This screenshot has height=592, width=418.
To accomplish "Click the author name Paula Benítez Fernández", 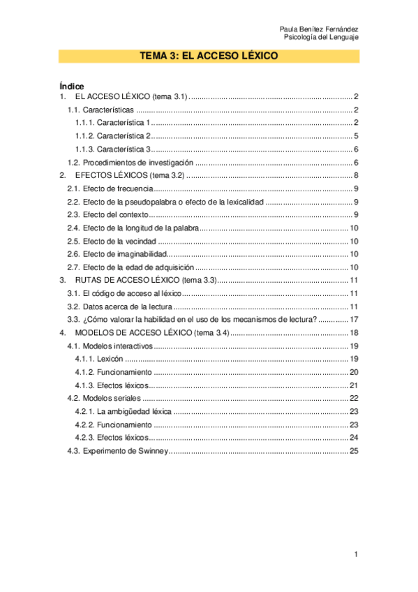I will coord(319,29).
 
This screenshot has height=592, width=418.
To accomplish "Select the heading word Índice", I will coord(72,86).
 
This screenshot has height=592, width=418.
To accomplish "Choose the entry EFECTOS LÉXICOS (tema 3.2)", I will coord(129,175).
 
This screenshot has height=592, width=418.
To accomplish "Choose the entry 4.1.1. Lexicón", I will coord(94,359).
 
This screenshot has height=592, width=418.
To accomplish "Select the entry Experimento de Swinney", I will coord(125,451).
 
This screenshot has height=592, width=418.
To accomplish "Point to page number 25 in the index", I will coord(354,451).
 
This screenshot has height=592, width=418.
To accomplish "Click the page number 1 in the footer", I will coord(356,554).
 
